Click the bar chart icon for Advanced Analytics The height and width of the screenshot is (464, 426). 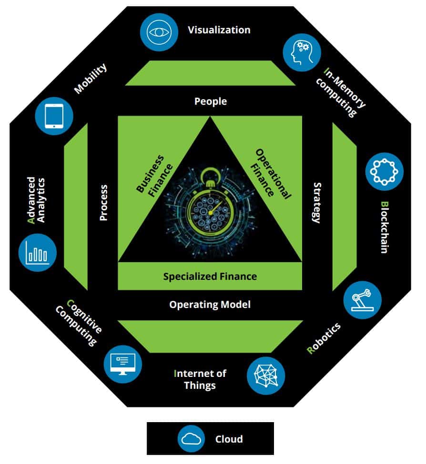[x=38, y=253]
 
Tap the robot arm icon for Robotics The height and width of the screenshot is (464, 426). [x=363, y=300]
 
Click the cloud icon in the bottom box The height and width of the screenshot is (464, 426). [x=191, y=439]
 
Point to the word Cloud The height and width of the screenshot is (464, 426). [x=229, y=439]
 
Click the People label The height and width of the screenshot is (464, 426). [x=211, y=101]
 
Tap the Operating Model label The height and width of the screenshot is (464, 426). [x=210, y=305]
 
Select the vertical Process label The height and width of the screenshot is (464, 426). [x=103, y=202]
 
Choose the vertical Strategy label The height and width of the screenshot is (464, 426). [x=316, y=202]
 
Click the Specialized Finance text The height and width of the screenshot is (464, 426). [x=210, y=276]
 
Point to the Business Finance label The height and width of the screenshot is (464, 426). [x=150, y=174]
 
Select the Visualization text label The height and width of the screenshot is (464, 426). [x=219, y=30]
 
